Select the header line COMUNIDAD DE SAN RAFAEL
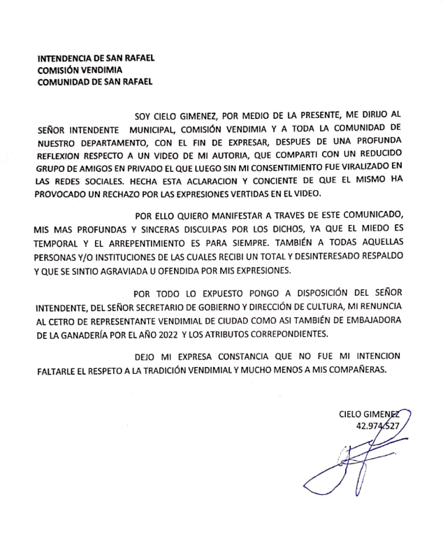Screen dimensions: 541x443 pyautogui.click(x=95, y=81)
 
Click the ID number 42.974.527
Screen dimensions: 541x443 pyautogui.click(x=377, y=426)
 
